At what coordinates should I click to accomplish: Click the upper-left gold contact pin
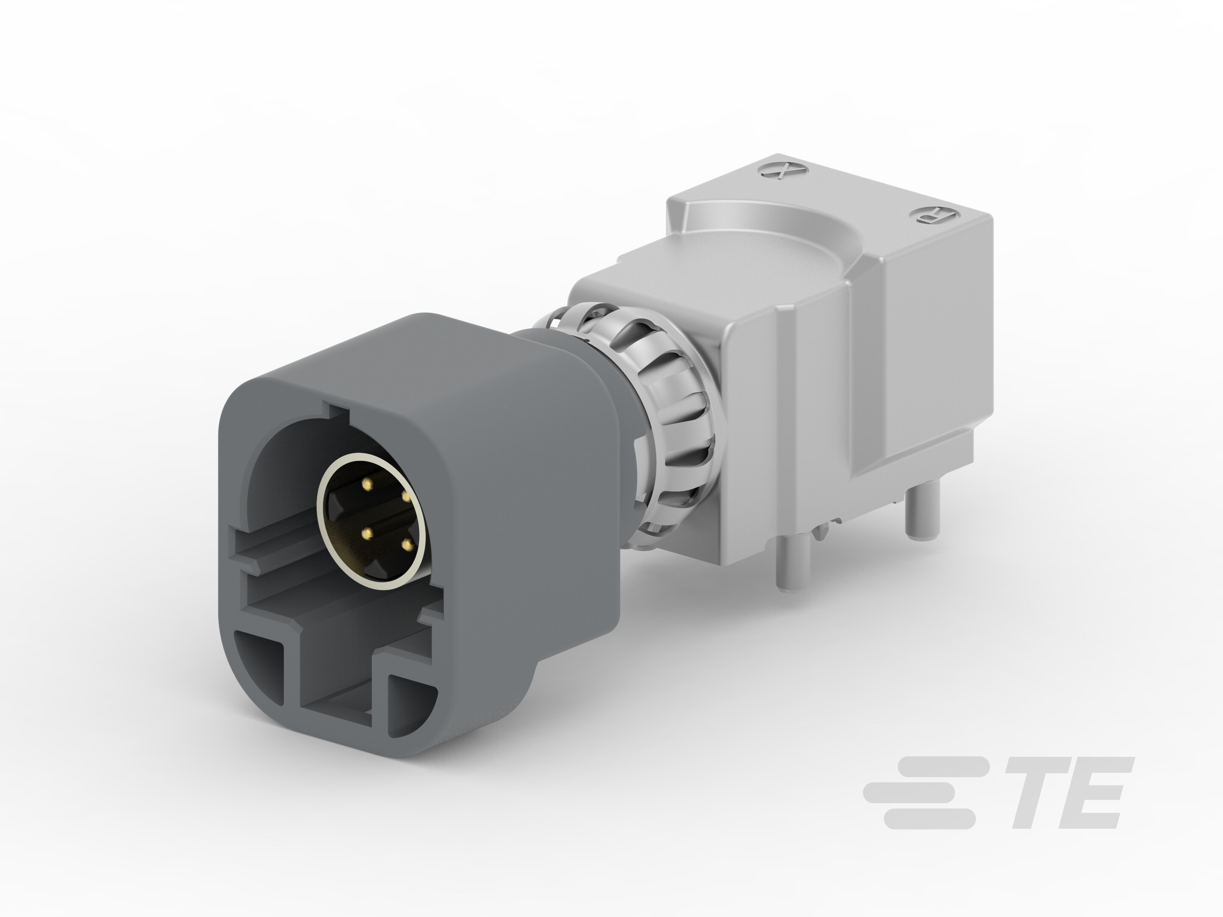pyautogui.click(x=366, y=485)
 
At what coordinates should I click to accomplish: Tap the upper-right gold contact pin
pyautogui.click(x=406, y=496)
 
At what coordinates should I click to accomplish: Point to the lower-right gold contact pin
pyautogui.click(x=408, y=546)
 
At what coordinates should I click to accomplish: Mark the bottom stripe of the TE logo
pyautogui.click(x=930, y=819)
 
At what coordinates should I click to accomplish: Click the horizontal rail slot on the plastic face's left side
pyautogui.click(x=271, y=553)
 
